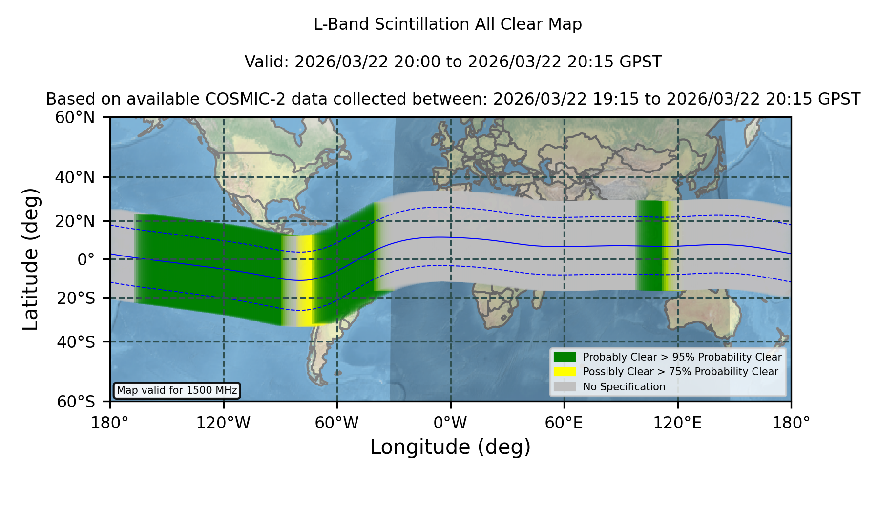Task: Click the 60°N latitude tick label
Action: (x=75, y=118)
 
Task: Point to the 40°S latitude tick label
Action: (x=76, y=342)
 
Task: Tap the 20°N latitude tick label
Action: (x=75, y=221)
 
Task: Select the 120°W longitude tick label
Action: (x=224, y=423)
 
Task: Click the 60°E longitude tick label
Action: (x=564, y=423)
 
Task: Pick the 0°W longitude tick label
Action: (x=451, y=423)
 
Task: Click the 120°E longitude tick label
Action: (x=678, y=423)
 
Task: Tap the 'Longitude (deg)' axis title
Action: (x=450, y=448)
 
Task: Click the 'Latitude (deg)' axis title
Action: (x=31, y=259)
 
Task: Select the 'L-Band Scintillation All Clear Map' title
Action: (x=448, y=24)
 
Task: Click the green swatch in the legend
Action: (x=565, y=357)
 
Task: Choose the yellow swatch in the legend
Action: (x=565, y=372)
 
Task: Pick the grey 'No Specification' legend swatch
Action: (x=565, y=387)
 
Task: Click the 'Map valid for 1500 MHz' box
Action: (x=177, y=390)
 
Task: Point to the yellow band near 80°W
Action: (x=305, y=280)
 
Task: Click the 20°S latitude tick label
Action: (x=76, y=298)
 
